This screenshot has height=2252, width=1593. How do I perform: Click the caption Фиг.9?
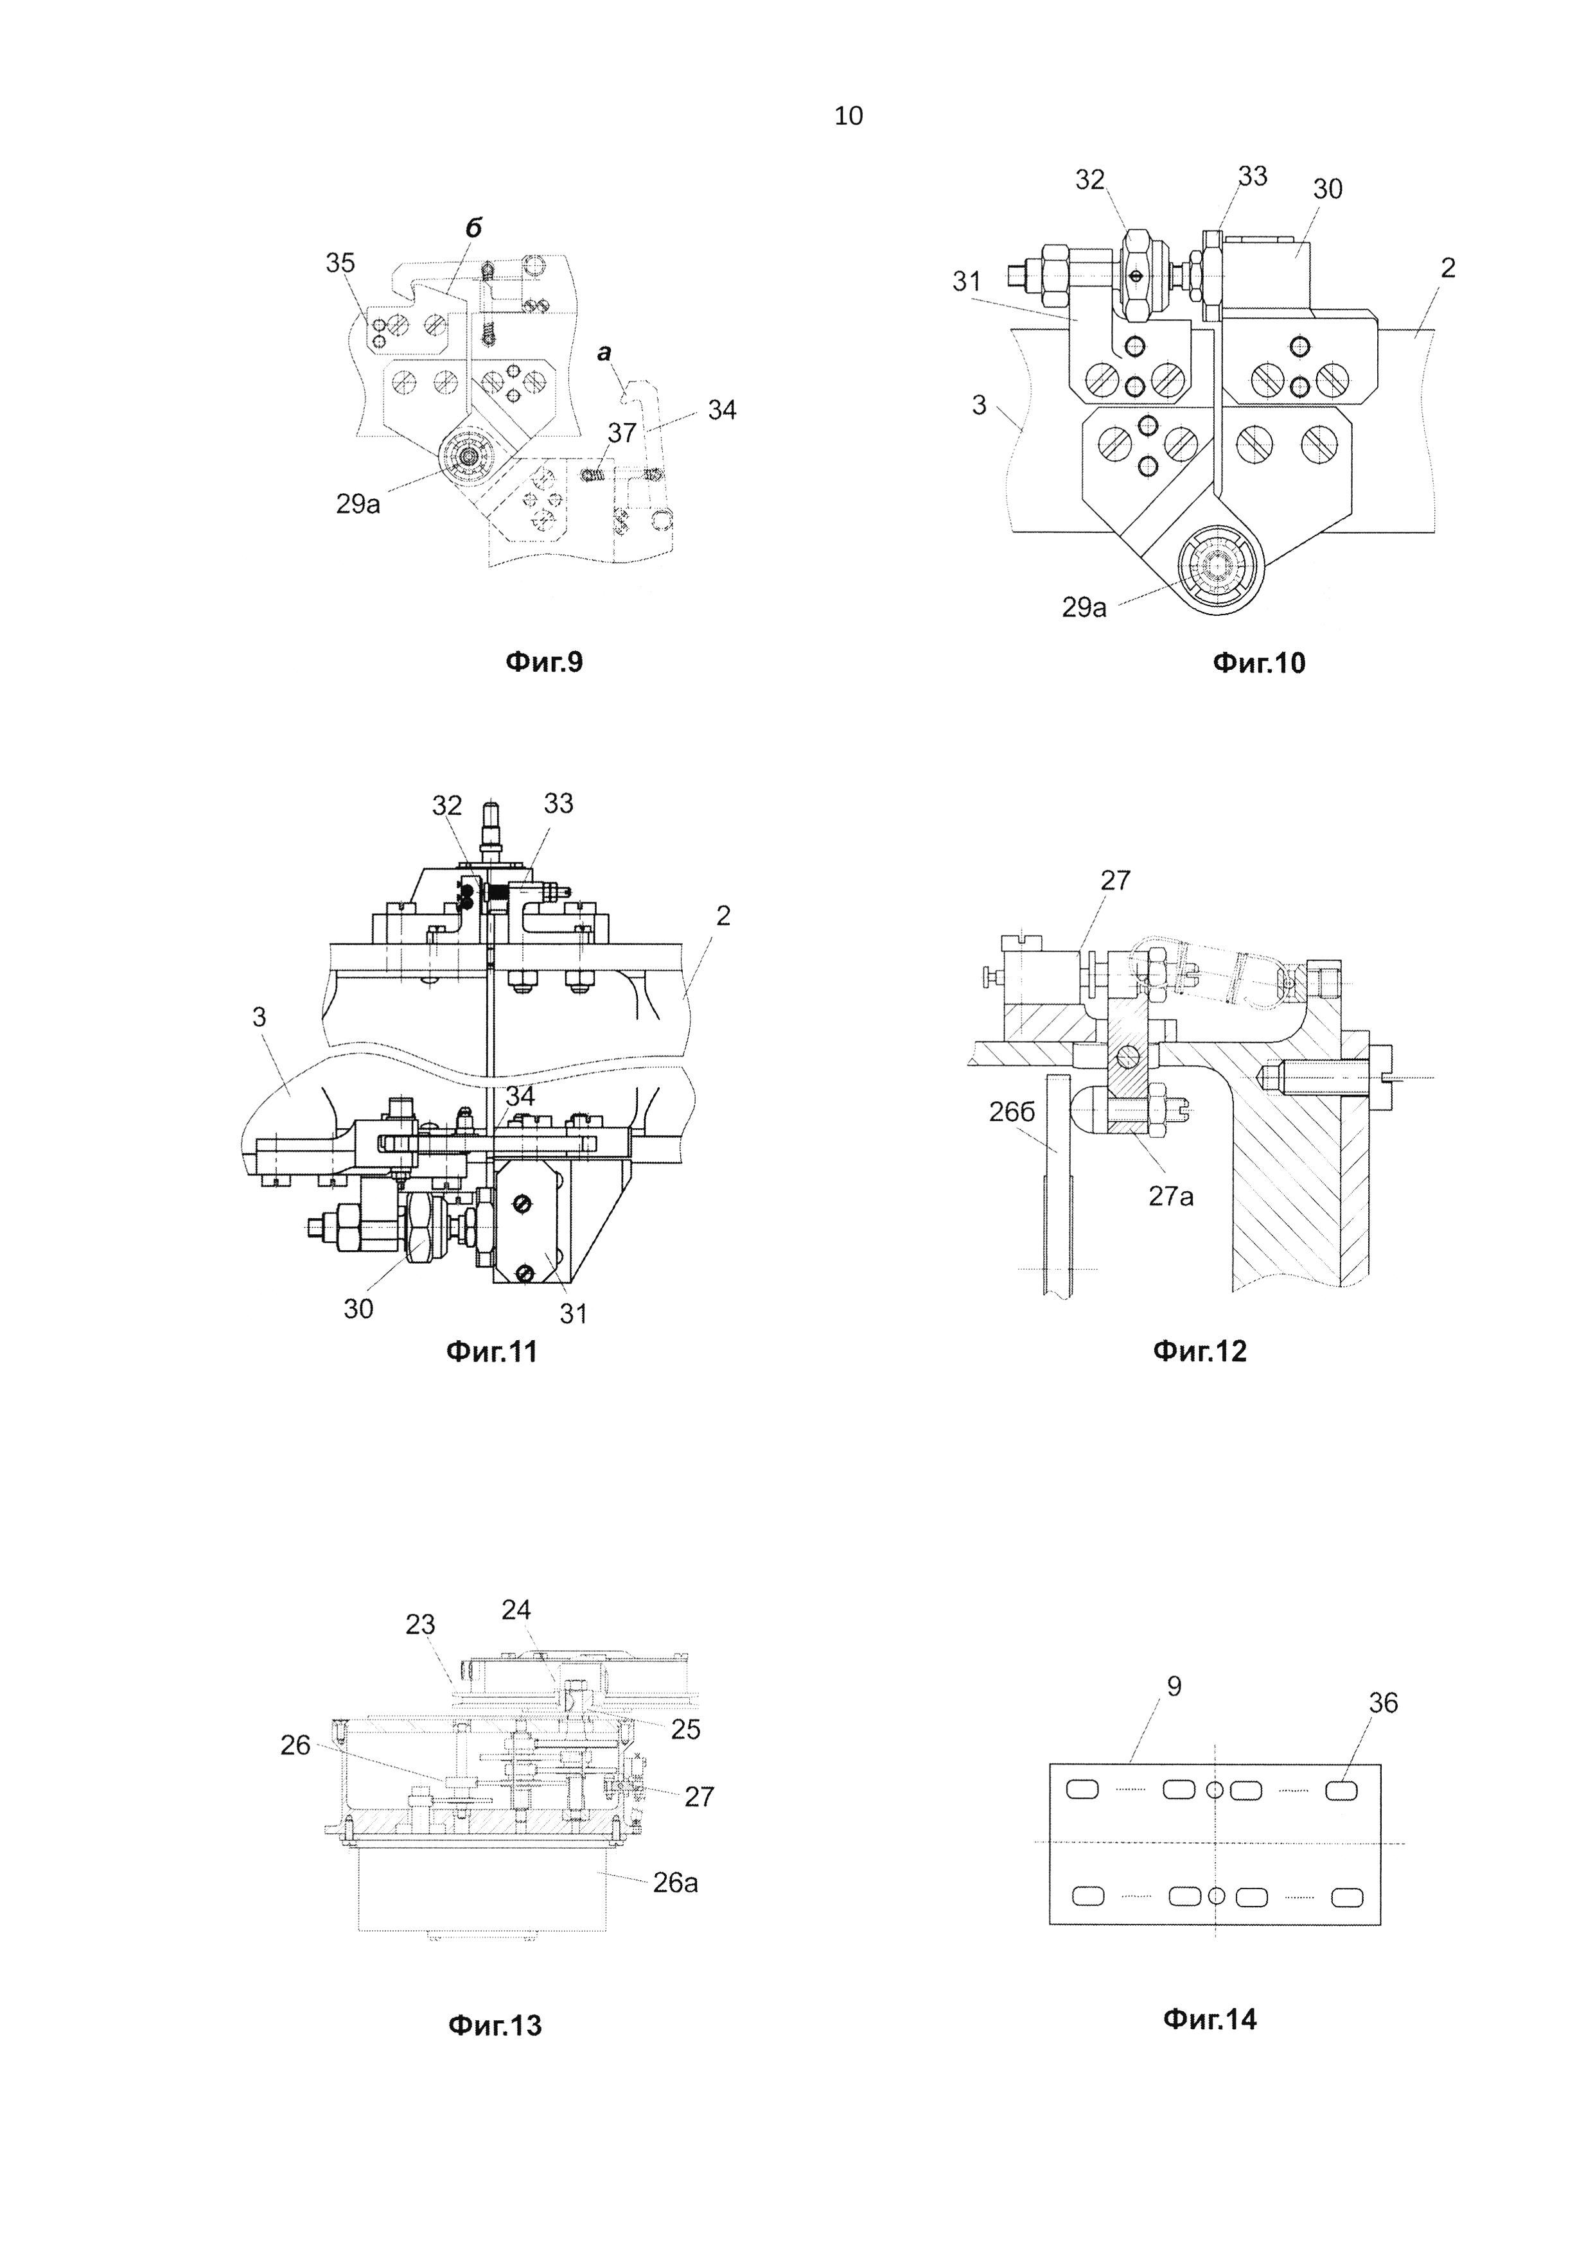click(543, 663)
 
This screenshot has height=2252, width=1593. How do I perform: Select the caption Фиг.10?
click(1260, 663)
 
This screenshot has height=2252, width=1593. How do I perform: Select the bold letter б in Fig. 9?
click(473, 227)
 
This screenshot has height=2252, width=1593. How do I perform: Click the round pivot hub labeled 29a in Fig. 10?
click(1217, 569)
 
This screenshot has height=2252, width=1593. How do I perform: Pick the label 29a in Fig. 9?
click(358, 506)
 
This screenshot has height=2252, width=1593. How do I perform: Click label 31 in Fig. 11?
click(573, 1313)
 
